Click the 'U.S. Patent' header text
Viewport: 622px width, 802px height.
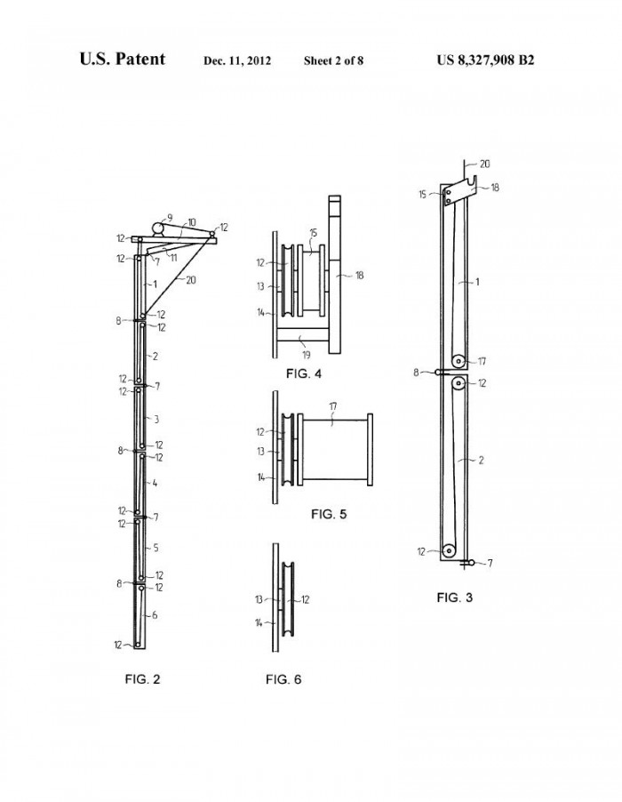[122, 60]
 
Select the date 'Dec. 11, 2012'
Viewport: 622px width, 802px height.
[237, 60]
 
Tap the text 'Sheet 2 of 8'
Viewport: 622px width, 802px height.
[333, 60]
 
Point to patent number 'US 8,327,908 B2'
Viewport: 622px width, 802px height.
[485, 60]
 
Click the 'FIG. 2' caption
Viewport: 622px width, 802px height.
[142, 679]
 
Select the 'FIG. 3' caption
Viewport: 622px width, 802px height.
[454, 597]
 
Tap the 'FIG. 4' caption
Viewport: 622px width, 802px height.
[304, 374]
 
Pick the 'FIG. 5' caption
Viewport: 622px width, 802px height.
[329, 514]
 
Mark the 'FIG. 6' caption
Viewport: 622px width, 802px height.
[283, 679]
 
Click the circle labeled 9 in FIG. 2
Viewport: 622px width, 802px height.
[158, 229]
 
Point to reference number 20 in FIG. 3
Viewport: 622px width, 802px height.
[484, 164]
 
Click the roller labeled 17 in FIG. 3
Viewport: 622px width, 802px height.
[459, 362]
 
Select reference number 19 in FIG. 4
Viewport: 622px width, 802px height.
[306, 355]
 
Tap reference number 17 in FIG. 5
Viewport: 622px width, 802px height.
[333, 407]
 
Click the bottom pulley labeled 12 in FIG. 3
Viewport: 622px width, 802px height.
[450, 551]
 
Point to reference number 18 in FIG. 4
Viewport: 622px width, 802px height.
[359, 275]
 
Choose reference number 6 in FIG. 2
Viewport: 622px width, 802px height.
[155, 615]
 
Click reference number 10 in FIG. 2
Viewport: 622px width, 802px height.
[192, 222]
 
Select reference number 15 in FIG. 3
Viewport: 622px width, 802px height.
[422, 195]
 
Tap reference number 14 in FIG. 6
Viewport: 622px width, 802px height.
[259, 623]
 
